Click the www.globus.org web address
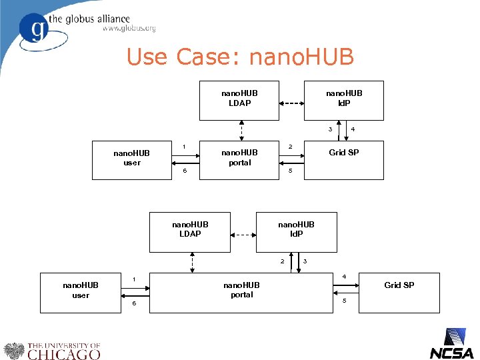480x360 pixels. (x=129, y=29)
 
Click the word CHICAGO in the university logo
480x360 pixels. (x=64, y=354)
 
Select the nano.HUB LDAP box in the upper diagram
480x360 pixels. (x=239, y=100)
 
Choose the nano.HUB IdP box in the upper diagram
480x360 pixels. (x=343, y=100)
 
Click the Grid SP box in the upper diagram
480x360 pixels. (x=344, y=159)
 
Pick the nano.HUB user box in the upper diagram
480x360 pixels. (x=132, y=159)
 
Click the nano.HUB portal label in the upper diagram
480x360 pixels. (x=239, y=157)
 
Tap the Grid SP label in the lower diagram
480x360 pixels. (x=399, y=285)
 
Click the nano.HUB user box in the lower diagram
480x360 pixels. (x=80, y=292)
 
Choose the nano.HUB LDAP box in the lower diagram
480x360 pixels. (x=190, y=231)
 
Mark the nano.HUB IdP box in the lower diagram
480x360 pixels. (x=296, y=231)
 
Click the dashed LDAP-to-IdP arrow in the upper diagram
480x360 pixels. (x=291, y=103)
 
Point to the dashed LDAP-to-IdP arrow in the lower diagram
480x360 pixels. (x=243, y=235)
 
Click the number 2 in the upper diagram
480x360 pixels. (x=289, y=147)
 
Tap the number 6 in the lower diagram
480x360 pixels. (x=133, y=303)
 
